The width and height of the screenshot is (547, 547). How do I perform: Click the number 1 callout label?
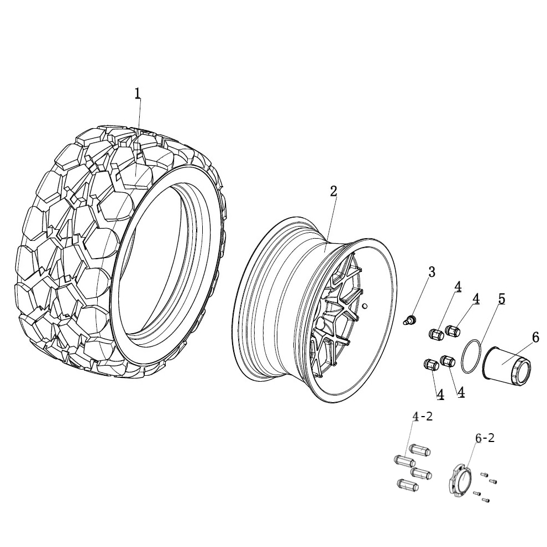point(138,93)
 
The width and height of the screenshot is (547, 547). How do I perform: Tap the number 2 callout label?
point(333,191)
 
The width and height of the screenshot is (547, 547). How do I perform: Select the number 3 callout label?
point(432,272)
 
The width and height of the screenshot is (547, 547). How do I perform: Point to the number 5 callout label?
point(501,299)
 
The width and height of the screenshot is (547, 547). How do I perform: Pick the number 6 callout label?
point(535,337)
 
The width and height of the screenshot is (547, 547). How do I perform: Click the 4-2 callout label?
point(422,416)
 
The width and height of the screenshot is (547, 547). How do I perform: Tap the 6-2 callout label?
point(485,438)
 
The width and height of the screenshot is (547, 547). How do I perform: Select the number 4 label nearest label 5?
point(475,299)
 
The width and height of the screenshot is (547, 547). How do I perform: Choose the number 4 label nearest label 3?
point(457,287)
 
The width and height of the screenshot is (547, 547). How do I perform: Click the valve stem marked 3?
point(409,320)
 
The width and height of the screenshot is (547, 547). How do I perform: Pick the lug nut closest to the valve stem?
point(436,334)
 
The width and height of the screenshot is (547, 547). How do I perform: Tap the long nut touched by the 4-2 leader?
point(405,460)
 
